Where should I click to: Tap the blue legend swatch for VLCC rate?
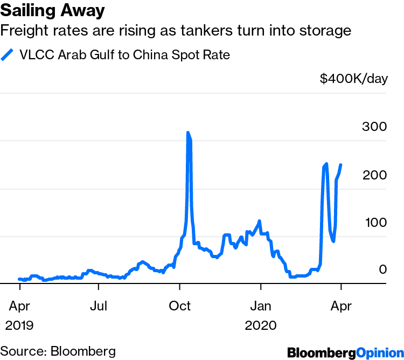pos(8,56)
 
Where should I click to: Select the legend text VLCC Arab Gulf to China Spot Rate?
pos(125,56)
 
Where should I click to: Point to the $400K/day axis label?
pos(353,79)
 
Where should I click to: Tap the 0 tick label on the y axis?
pos(383,269)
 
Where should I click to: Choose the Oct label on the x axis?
pos(180,307)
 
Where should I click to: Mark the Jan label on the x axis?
pos(260,307)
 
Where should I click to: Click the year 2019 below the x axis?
pos(19,326)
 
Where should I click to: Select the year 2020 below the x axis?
pos(260,326)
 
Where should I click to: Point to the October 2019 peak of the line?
pos(188,133)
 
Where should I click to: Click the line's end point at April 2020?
pos(340,165)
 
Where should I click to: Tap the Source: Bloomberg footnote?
pos(58,351)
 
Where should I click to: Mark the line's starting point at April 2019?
pos(19,279)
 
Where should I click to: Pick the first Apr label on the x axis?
pos(19,307)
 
